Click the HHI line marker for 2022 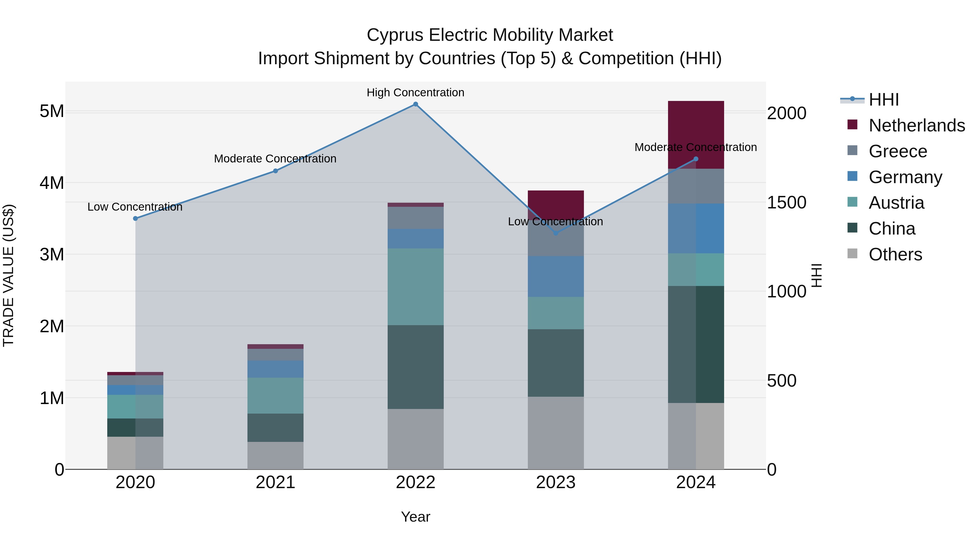415,104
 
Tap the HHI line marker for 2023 555,233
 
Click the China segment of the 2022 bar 415,367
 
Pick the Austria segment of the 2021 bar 275,395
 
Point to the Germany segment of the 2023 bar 555,276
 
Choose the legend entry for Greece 898,151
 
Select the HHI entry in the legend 883,100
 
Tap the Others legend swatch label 895,254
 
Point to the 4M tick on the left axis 52,183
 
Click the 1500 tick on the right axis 786,203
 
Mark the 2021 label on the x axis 275,482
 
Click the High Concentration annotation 415,93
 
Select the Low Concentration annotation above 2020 135,207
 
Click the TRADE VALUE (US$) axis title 8,275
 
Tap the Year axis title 415,517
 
